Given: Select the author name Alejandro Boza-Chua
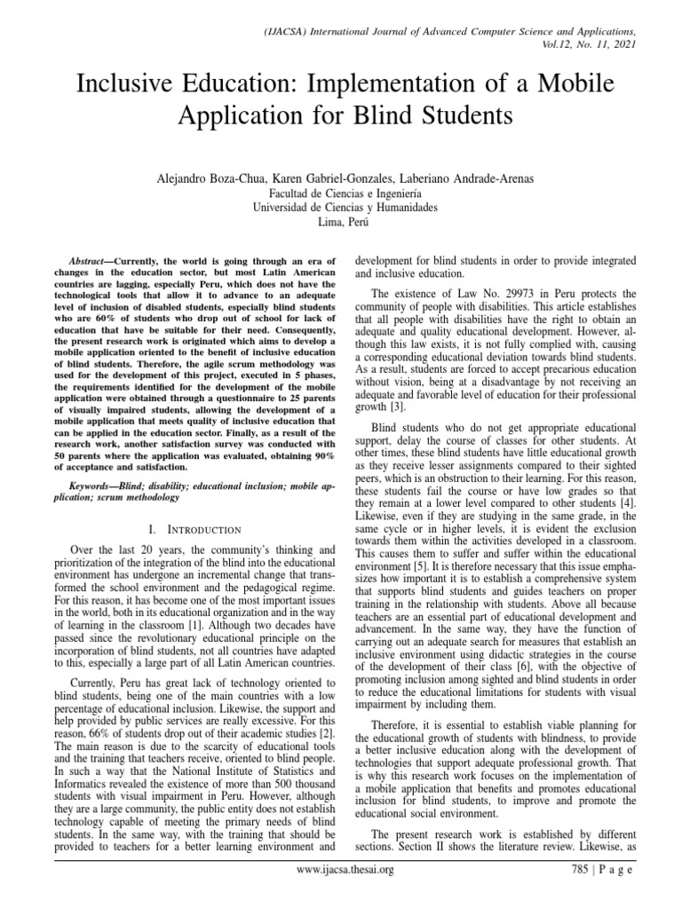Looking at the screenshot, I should (210, 178).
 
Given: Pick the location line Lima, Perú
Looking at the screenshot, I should (341, 223).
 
